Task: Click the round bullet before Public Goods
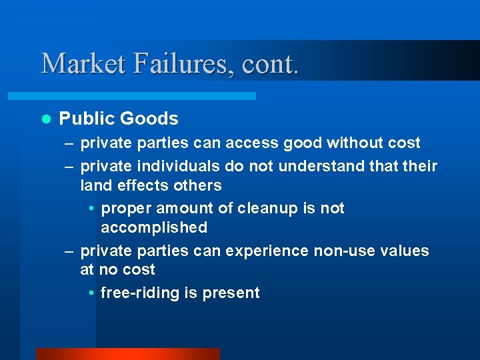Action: [x=46, y=119]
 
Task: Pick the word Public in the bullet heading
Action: [x=87, y=119]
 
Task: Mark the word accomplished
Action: [x=154, y=227]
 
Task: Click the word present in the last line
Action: [x=233, y=293]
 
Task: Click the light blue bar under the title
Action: [x=147, y=96]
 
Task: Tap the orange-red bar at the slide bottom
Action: [x=127, y=354]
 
